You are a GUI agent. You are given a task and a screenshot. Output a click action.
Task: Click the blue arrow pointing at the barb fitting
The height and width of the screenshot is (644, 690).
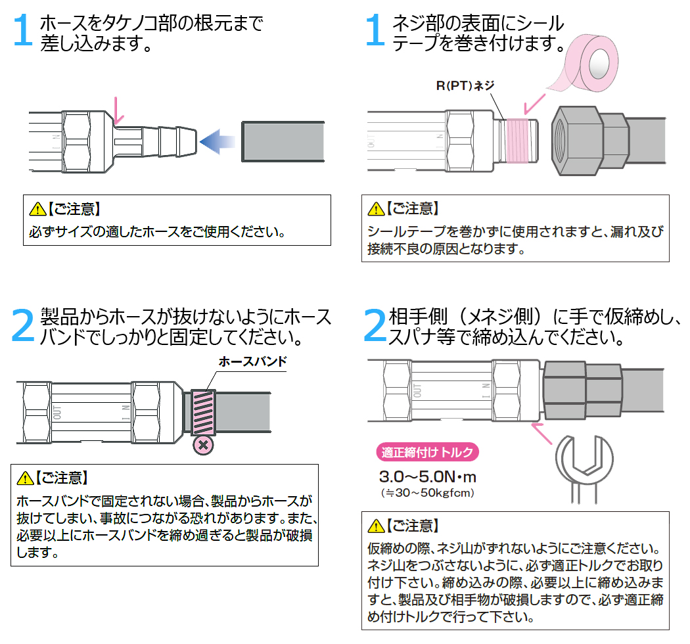218,140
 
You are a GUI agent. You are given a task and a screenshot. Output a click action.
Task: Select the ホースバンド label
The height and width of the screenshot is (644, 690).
253,362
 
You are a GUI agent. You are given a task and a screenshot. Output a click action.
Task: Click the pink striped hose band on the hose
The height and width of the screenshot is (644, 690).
202,411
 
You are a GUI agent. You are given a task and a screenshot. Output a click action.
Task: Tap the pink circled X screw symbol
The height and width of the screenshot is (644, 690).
204,445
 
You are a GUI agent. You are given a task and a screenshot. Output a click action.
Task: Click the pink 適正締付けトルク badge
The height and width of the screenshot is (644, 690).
427,452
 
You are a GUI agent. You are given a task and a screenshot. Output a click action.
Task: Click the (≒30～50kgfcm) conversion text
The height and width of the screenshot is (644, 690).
428,492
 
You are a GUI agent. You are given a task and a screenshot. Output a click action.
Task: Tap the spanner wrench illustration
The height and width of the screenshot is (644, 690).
582,470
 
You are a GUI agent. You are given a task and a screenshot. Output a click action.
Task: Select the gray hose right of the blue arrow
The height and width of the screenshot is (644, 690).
283,141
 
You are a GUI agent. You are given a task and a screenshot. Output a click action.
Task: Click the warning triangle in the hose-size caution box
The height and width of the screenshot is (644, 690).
37,210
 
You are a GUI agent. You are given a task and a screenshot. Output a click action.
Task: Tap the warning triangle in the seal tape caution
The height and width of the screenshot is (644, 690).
376,210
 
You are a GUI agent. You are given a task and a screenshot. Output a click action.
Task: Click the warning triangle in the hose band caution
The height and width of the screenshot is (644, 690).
26,478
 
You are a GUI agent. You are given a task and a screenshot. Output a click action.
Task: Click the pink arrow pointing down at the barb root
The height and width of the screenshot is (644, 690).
118,110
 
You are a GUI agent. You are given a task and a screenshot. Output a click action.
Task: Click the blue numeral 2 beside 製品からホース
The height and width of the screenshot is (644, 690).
24,325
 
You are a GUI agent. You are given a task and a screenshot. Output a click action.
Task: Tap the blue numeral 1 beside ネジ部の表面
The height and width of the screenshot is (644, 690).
375,31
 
